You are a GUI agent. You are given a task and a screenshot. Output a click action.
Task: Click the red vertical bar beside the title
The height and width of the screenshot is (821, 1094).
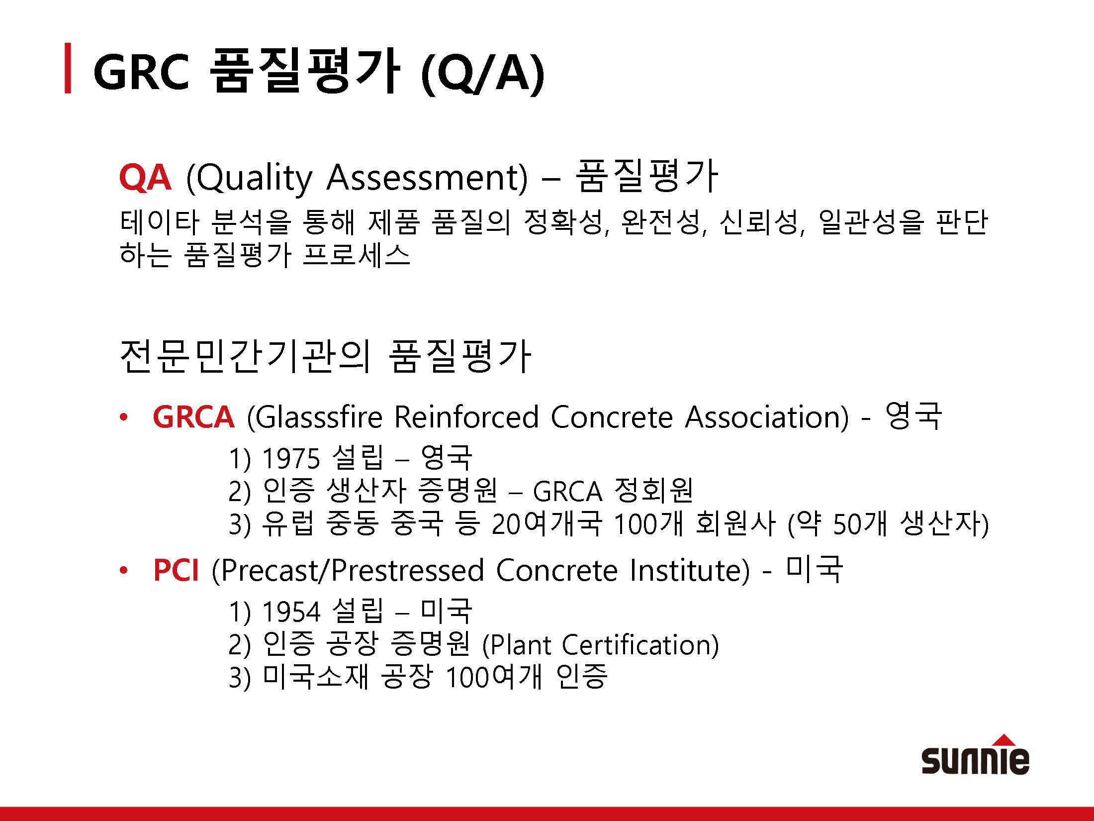click(68, 68)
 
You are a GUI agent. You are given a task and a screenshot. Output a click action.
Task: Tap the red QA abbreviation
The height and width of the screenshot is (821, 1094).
click(145, 178)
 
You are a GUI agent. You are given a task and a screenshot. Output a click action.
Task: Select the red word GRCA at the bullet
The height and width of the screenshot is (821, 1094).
click(193, 416)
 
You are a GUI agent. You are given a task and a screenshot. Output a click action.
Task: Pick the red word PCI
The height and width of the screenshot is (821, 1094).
click(176, 570)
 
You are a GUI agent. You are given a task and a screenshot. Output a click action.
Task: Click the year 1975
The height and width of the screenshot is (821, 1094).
click(291, 458)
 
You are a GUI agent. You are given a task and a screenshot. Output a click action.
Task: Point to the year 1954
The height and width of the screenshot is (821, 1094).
click(291, 612)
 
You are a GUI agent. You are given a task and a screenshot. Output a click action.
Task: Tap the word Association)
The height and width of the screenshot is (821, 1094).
click(767, 417)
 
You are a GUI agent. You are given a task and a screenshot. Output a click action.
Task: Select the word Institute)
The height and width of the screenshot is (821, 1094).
click(689, 570)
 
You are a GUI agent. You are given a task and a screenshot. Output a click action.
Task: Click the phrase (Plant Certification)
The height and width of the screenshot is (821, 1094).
click(601, 645)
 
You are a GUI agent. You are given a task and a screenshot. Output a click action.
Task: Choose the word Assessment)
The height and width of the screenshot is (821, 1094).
click(427, 178)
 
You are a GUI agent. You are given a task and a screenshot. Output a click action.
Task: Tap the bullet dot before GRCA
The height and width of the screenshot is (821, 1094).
click(124, 417)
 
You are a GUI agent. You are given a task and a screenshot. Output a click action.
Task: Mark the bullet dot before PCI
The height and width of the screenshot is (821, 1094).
click(124, 571)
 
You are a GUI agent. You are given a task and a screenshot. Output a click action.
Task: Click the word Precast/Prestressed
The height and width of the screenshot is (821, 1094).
click(347, 570)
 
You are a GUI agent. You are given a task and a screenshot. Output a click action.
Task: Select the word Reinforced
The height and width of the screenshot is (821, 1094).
click(466, 417)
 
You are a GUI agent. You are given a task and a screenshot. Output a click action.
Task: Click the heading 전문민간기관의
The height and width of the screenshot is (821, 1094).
click(245, 356)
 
